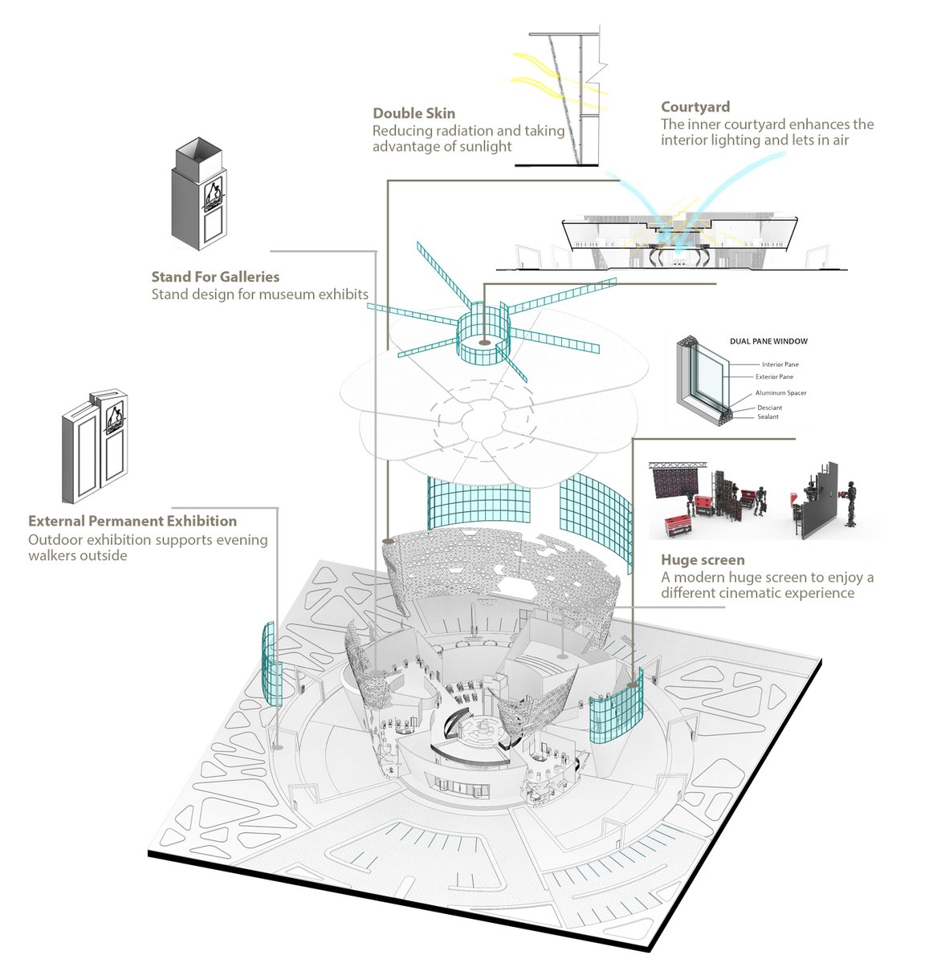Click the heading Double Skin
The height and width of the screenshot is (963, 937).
coord(414,114)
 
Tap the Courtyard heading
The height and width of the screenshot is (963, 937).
coord(695,108)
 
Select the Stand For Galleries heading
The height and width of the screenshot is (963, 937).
coord(215,277)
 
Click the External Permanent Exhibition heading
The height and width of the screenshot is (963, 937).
coord(132,522)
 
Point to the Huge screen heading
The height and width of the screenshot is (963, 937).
coord(703,560)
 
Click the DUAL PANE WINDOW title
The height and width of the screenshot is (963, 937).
coord(768,341)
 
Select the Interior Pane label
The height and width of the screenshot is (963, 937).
coord(780,364)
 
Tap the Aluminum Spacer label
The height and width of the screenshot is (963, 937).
coord(780,393)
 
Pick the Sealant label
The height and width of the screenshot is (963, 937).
coord(768,416)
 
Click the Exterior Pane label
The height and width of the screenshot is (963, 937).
coord(774,376)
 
